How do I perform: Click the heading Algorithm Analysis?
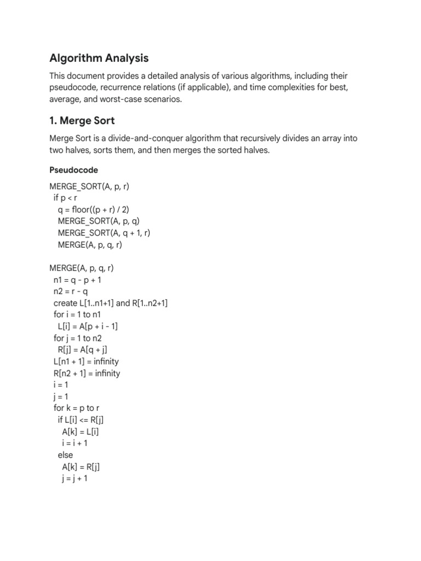[99, 58]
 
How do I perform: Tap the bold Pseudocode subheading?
[73, 170]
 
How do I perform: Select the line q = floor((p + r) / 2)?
[93, 209]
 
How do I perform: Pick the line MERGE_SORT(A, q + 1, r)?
[104, 233]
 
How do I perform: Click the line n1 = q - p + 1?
[77, 280]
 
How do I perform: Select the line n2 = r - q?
[72, 291]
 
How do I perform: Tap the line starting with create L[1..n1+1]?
[110, 303]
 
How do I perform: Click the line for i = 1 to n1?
[77, 315]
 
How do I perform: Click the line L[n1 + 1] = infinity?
[84, 362]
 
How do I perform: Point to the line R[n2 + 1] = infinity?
[85, 374]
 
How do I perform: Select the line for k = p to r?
[77, 408]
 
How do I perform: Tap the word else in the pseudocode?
[65, 455]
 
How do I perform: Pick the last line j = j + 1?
[75, 478]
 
